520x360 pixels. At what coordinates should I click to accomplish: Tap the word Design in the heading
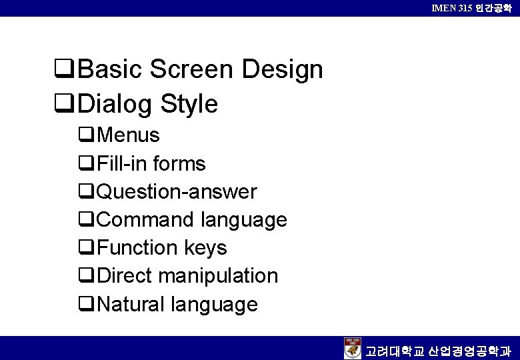pyautogui.click(x=283, y=69)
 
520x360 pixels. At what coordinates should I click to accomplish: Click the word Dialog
pyautogui.click(x=115, y=104)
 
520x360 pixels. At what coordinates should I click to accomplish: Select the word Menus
pyautogui.click(x=128, y=135)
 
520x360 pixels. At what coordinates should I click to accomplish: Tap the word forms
pyautogui.click(x=179, y=163)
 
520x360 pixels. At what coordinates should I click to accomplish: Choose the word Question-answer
pyautogui.click(x=177, y=192)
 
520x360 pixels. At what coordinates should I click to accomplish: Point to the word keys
pyautogui.click(x=206, y=248)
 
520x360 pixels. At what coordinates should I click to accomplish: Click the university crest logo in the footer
pyautogui.click(x=353, y=348)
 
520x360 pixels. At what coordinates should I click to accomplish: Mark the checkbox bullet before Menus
pyautogui.click(x=85, y=136)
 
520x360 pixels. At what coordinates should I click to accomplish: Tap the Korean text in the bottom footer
pyautogui.click(x=439, y=349)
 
